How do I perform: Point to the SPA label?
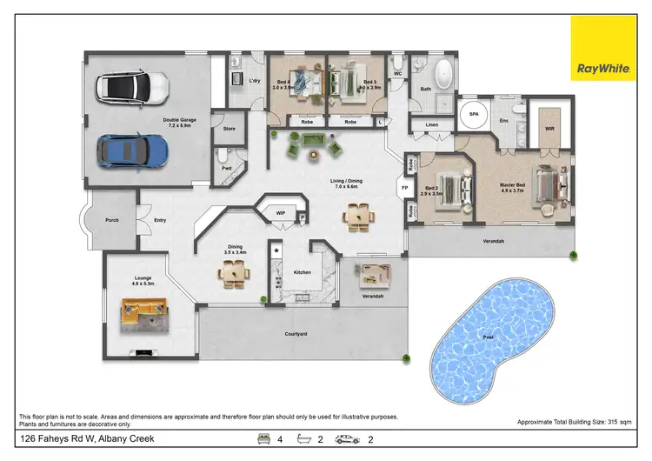tap(475, 114)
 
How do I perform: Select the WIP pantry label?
tap(280, 212)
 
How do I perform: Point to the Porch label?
tap(112, 220)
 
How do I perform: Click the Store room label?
tap(230, 129)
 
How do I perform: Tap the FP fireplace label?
tap(404, 187)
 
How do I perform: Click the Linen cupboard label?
tap(432, 125)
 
